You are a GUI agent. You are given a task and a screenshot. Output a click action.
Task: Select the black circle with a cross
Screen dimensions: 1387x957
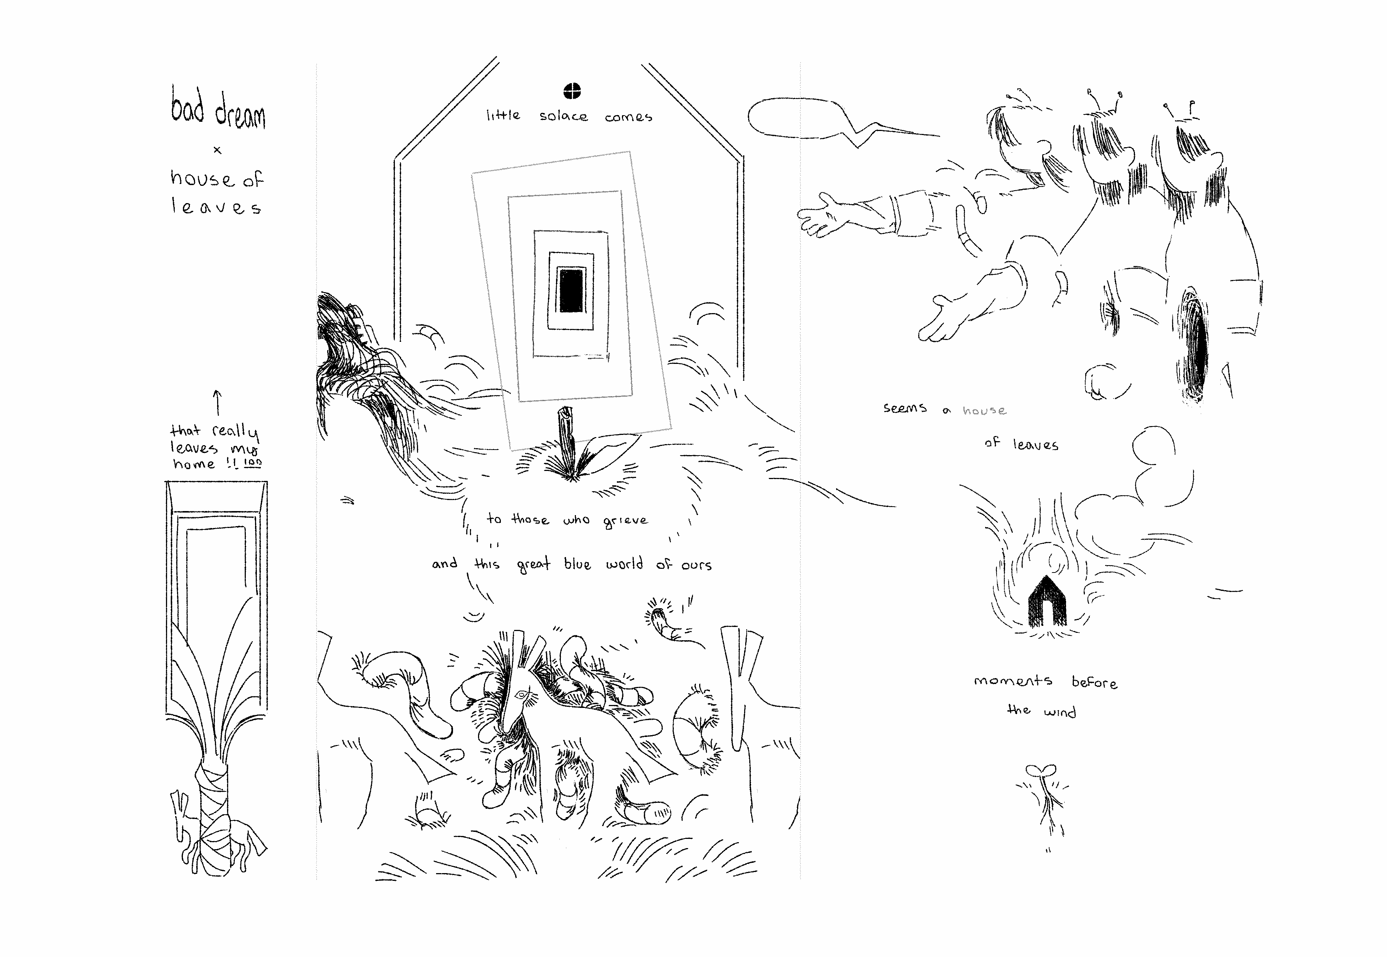pos(573,91)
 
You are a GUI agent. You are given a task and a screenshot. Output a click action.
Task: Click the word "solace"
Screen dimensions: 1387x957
pos(563,116)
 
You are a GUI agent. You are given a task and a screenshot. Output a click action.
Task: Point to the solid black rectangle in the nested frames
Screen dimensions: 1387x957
pos(571,290)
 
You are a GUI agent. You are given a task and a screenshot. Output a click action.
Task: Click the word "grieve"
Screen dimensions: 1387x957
pos(626,521)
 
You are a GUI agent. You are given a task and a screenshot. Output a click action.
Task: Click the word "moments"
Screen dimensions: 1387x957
pos(1013,681)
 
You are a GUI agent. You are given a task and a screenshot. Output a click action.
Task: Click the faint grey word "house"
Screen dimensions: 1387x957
pos(984,410)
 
